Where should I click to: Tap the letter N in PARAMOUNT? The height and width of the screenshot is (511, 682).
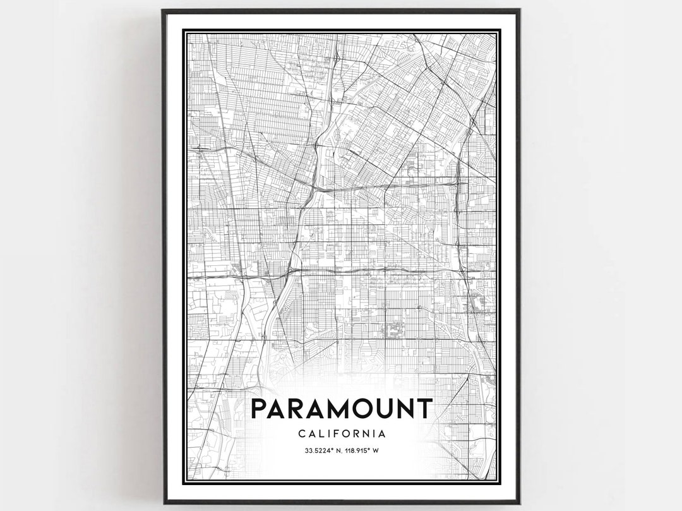[x=409, y=409]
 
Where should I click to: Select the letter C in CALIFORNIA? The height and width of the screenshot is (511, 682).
[x=300, y=433]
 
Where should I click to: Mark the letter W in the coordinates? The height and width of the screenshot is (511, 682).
[x=376, y=450]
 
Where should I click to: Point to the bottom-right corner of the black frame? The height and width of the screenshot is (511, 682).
[x=518, y=502]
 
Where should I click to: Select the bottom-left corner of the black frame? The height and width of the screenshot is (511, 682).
[x=164, y=502]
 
